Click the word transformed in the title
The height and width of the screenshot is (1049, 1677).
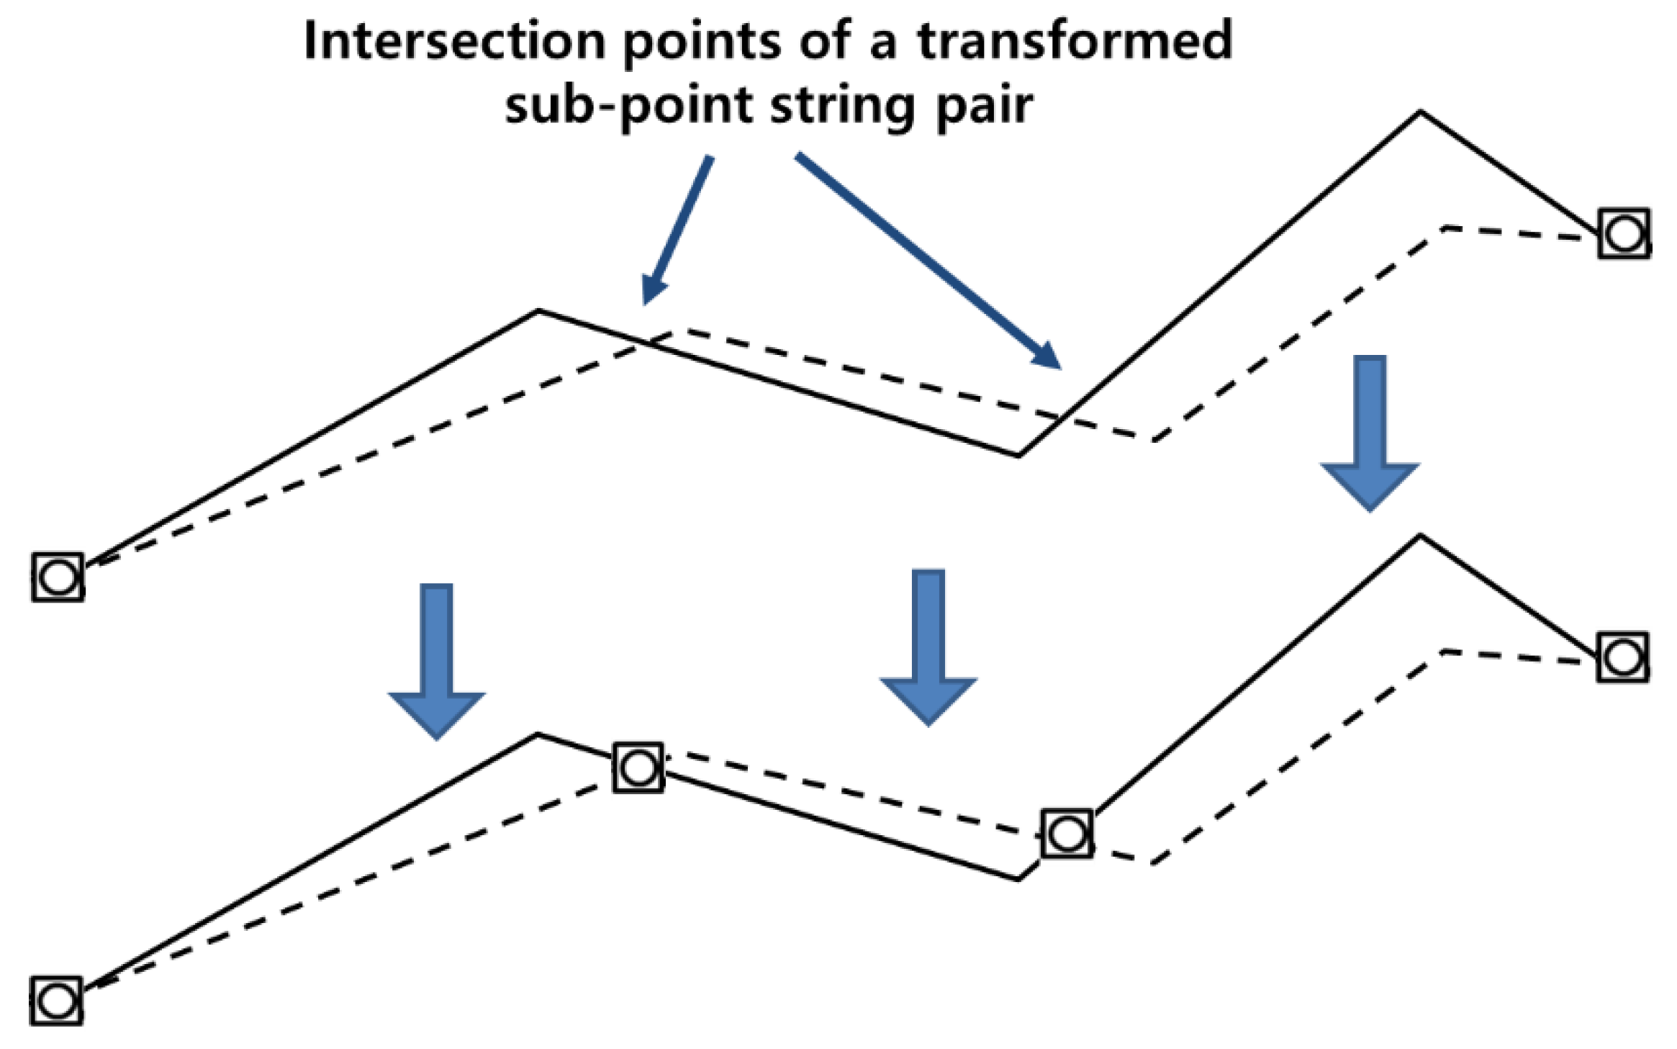tap(1074, 41)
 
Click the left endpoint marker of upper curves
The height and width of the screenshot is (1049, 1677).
tap(58, 577)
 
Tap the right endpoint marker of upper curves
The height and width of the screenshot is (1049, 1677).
tap(1624, 234)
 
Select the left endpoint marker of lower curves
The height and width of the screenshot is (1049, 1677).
tap(57, 1001)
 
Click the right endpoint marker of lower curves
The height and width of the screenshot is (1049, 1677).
tap(1622, 657)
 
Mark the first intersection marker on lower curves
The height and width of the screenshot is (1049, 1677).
tap(638, 768)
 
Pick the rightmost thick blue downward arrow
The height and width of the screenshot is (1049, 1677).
tap(1370, 432)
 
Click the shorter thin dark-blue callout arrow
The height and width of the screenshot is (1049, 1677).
tap(677, 230)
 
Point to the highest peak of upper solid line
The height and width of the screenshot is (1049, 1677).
tap(1419, 112)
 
